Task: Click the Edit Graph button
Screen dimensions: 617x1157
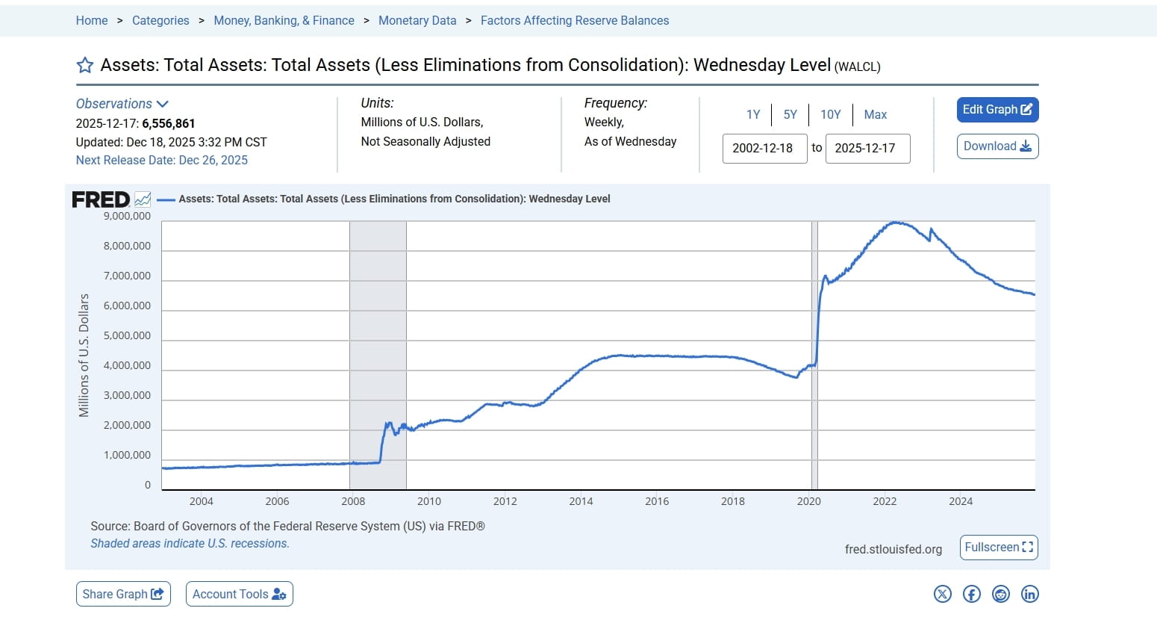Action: [x=997, y=110]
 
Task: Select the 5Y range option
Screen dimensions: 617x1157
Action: [x=790, y=114]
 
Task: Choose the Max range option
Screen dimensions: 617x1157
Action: [x=875, y=114]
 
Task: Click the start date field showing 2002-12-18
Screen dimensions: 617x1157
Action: [x=764, y=148]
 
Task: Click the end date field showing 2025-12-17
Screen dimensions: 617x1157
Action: [x=867, y=148]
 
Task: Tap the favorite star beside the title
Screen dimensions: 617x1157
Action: [x=85, y=66]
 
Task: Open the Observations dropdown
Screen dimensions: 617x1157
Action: [x=122, y=104]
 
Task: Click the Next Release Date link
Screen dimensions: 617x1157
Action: [x=162, y=160]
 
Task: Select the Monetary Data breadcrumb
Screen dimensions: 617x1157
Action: [x=417, y=20]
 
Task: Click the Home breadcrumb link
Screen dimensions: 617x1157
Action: [x=92, y=20]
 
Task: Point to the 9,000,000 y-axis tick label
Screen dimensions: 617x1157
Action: [x=127, y=217]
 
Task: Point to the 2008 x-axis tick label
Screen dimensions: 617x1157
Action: [x=353, y=501]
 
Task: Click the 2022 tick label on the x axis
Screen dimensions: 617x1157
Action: [x=885, y=501]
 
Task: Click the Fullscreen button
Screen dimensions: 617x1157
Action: [x=999, y=548]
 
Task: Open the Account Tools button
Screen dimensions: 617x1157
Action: [x=239, y=594]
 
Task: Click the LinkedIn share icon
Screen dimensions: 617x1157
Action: [x=1029, y=594]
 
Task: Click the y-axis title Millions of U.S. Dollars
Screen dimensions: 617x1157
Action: [x=84, y=355]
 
